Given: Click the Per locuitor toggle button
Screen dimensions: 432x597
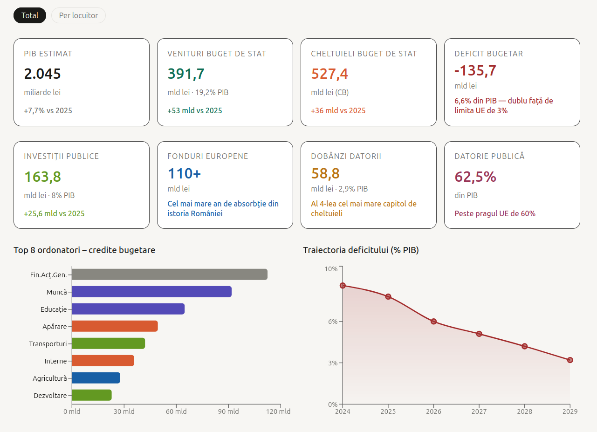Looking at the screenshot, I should [x=78, y=15].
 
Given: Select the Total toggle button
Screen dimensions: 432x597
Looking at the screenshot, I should [x=30, y=15].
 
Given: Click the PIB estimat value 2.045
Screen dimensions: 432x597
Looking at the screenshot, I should [x=42, y=74].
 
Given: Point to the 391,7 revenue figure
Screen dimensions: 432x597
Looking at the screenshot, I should [x=186, y=74].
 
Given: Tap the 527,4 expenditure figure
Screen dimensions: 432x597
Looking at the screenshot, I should [x=329, y=74].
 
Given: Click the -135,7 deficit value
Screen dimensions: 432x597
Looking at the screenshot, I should [x=475, y=70].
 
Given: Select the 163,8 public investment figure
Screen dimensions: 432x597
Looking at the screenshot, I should [x=42, y=177].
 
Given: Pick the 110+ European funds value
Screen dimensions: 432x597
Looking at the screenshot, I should [x=184, y=173].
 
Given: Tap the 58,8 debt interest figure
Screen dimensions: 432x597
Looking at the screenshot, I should [x=325, y=173].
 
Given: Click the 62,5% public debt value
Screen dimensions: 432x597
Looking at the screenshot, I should [x=475, y=177].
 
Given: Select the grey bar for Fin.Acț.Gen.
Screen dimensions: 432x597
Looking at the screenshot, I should [x=170, y=274].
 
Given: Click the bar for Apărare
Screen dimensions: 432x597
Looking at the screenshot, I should [x=115, y=326].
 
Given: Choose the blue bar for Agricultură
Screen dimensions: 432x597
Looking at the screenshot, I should [x=96, y=378].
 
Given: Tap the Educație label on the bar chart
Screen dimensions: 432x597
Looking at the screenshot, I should [x=54, y=309].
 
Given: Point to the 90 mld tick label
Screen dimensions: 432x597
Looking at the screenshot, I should [x=228, y=411].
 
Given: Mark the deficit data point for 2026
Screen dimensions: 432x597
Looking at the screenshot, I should [x=434, y=322].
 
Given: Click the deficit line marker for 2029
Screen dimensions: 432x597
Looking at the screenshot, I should [x=570, y=360].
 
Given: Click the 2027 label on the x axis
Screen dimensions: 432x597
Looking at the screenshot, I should [x=479, y=411].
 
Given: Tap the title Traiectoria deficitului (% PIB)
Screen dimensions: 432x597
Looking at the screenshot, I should [x=361, y=250].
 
